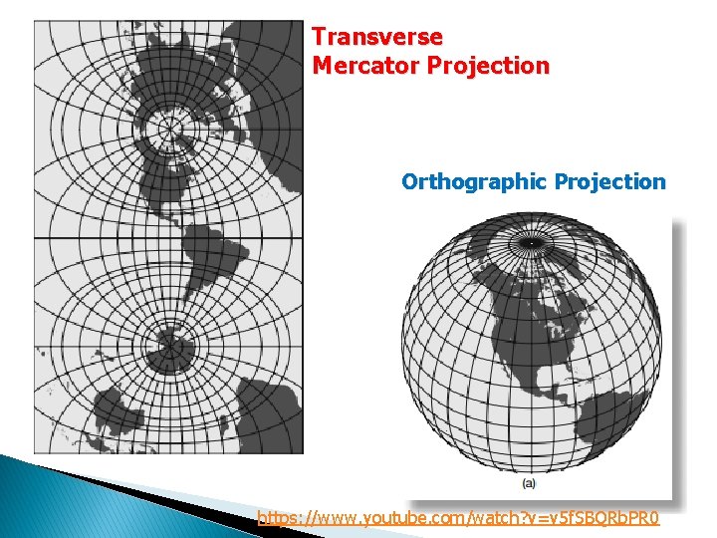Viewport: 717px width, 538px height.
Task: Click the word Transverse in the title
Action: [x=377, y=37]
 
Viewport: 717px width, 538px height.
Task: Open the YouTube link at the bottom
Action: [x=458, y=518]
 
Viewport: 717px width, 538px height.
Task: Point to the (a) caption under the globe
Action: [x=530, y=483]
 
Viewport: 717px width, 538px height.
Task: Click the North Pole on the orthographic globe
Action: [x=532, y=242]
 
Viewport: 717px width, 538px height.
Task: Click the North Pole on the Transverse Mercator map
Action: [x=171, y=127]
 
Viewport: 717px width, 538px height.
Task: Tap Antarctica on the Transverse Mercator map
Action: [x=169, y=351]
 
